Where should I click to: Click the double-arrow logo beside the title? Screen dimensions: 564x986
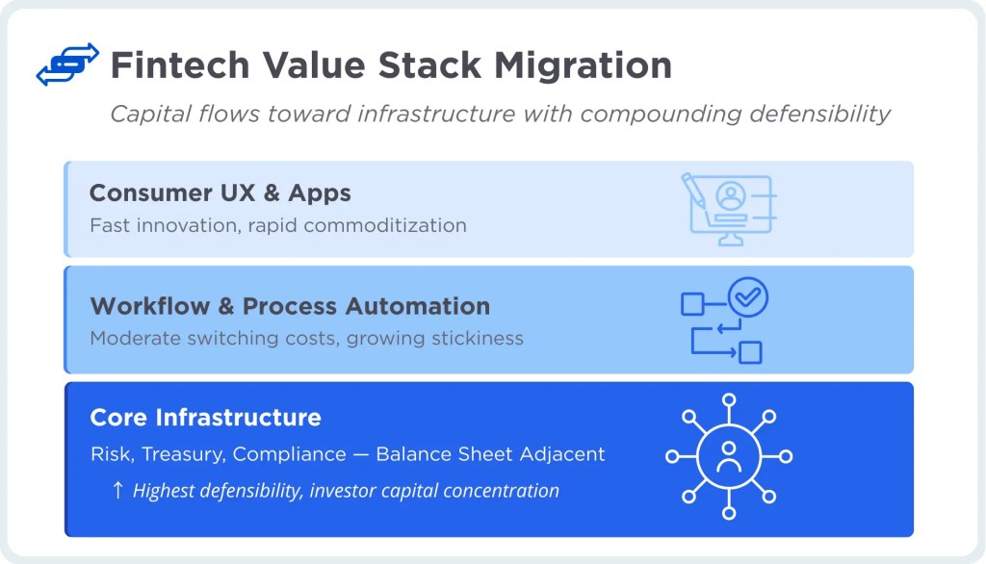(x=67, y=64)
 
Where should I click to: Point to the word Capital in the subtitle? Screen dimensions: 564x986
(x=145, y=114)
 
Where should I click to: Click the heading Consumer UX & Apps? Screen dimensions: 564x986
(x=220, y=192)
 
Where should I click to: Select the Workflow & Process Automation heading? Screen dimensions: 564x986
(x=290, y=306)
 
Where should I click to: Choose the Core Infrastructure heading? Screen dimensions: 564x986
(x=205, y=418)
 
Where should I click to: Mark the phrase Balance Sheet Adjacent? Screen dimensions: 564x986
(x=490, y=454)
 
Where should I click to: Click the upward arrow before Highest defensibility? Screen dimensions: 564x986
(x=117, y=490)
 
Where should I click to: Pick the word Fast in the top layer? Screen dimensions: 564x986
(x=107, y=225)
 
